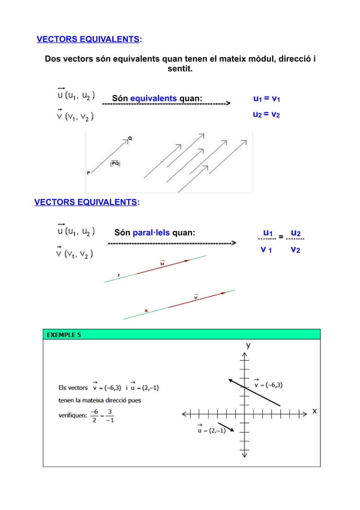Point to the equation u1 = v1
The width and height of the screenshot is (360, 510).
267,99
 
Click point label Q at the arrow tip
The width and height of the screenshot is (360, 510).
130,137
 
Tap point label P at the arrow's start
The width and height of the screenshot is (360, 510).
88,173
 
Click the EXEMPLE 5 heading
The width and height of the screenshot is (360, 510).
64,334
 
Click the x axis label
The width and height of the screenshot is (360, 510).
314,411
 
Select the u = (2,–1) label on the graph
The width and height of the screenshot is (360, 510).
209,431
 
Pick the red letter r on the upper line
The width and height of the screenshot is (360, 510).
118,275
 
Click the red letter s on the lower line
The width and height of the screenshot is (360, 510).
146,310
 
